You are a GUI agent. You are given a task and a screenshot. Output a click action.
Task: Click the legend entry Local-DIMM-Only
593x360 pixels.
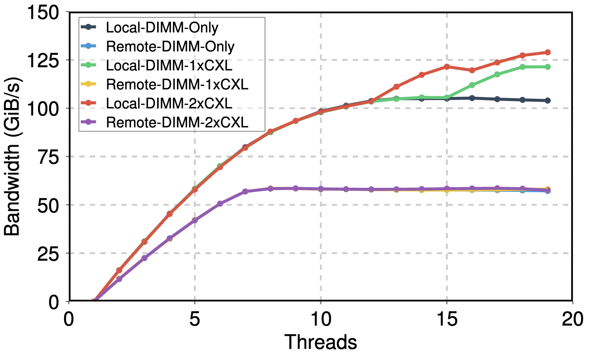(162, 27)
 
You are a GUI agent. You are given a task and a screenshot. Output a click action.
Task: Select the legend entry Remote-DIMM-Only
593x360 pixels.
(170, 46)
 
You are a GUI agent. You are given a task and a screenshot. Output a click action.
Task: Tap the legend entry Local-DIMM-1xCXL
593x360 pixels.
(169, 65)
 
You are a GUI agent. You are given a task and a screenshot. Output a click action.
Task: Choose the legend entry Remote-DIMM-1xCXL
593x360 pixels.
(177, 84)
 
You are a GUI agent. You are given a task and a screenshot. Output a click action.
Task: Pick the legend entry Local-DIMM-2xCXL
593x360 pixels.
(169, 103)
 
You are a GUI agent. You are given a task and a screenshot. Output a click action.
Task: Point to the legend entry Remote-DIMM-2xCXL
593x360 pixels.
(177, 122)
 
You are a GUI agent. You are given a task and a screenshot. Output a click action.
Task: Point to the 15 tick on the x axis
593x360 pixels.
(447, 319)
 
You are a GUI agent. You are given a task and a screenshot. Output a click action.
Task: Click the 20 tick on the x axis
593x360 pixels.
(573, 319)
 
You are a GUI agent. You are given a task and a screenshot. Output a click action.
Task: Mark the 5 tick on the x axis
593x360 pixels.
(195, 319)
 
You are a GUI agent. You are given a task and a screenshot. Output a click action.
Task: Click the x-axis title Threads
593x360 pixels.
(321, 342)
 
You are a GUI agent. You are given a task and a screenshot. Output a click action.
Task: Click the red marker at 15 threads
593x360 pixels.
(447, 67)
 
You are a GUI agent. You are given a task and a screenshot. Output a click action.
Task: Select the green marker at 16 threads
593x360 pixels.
(472, 85)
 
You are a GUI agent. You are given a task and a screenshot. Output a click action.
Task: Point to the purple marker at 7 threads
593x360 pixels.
(245, 191)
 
